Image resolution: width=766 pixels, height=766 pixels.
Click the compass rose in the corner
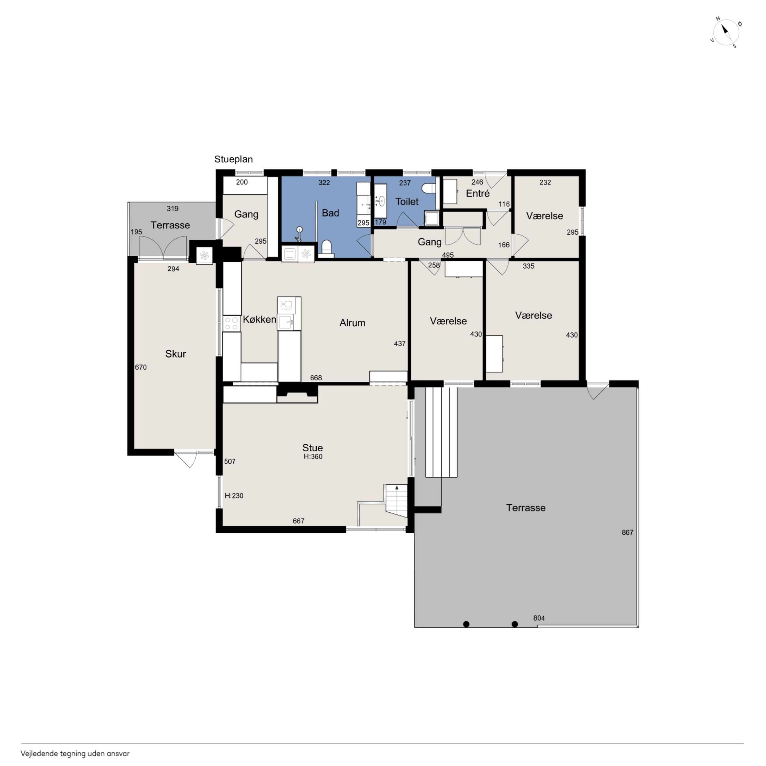tap(726, 32)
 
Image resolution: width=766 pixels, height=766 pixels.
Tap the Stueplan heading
tap(234, 159)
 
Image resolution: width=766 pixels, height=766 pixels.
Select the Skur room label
tap(176, 354)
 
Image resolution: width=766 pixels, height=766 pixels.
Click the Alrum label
tap(352, 323)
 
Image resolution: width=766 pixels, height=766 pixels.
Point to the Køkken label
tap(259, 319)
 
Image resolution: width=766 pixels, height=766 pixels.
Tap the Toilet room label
tap(407, 202)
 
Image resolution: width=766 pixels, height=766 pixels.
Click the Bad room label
tap(330, 213)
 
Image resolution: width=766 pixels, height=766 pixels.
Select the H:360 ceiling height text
tap(313, 456)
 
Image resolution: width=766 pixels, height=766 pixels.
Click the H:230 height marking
tap(234, 496)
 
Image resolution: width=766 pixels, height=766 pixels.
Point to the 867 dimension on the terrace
tap(628, 532)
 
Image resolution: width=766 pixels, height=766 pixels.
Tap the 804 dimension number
tap(539, 618)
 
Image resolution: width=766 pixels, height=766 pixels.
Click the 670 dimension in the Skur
tap(141, 367)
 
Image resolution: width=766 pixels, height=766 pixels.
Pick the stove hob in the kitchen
tap(232, 323)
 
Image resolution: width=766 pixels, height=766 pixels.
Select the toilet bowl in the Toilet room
tap(429, 188)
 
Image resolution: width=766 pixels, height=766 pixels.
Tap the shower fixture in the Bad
tap(299, 234)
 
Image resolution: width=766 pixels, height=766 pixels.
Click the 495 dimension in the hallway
tap(448, 255)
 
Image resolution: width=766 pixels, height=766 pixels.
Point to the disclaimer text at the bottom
tap(75, 754)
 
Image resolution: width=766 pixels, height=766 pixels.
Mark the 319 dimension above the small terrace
tap(172, 208)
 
